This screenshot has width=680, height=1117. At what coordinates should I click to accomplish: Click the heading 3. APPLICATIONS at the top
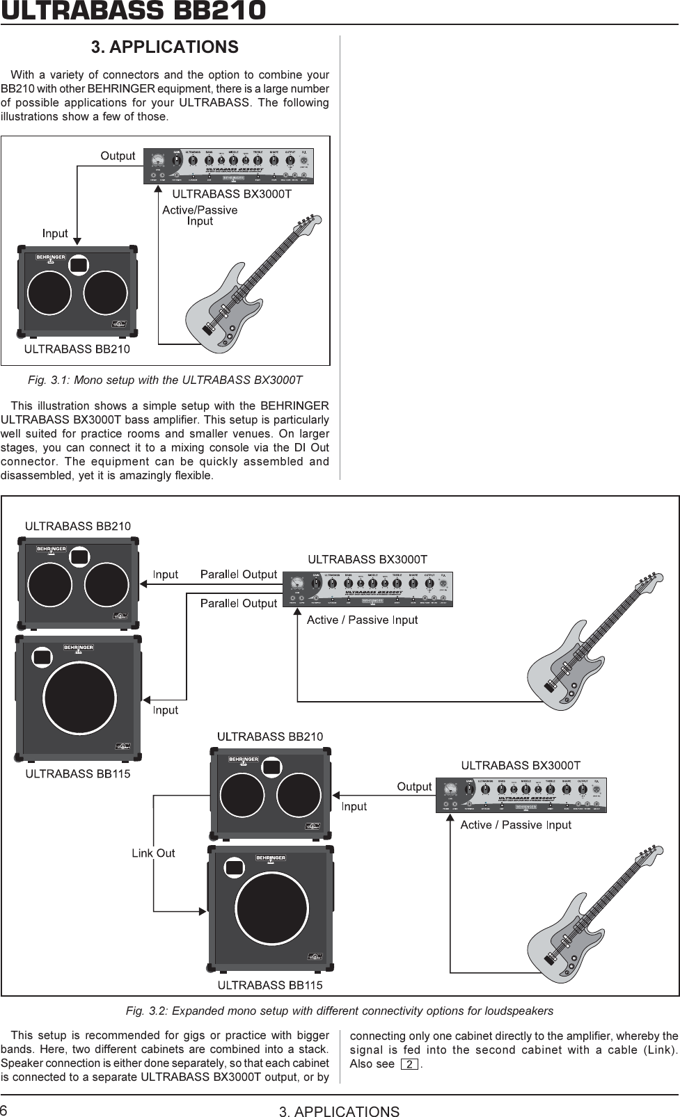click(x=165, y=47)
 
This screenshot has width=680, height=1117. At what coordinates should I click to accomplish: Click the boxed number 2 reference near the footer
click(x=409, y=1065)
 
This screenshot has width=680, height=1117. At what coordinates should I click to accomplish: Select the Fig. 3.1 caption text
click(x=164, y=380)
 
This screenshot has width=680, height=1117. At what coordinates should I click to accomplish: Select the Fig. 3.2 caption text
click(x=340, y=1010)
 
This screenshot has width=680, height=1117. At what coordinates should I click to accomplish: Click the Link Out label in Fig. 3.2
click(x=153, y=853)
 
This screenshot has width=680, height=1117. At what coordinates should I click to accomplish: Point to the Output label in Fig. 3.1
click(x=118, y=156)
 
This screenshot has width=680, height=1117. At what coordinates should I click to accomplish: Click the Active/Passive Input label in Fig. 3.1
click(x=200, y=216)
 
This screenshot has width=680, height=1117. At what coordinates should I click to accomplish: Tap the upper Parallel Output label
click(x=239, y=574)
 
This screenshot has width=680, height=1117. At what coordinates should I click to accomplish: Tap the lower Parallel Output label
click(x=239, y=603)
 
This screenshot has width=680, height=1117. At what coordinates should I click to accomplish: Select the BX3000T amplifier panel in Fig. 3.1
click(x=228, y=167)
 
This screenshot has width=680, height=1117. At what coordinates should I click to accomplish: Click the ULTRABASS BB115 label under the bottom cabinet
click(x=270, y=985)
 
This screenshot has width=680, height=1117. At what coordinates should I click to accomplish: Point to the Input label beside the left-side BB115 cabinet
click(x=166, y=710)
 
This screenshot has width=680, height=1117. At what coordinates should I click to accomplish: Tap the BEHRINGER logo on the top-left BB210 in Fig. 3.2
click(x=51, y=549)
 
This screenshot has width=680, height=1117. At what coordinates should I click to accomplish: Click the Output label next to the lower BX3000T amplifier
click(x=414, y=787)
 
